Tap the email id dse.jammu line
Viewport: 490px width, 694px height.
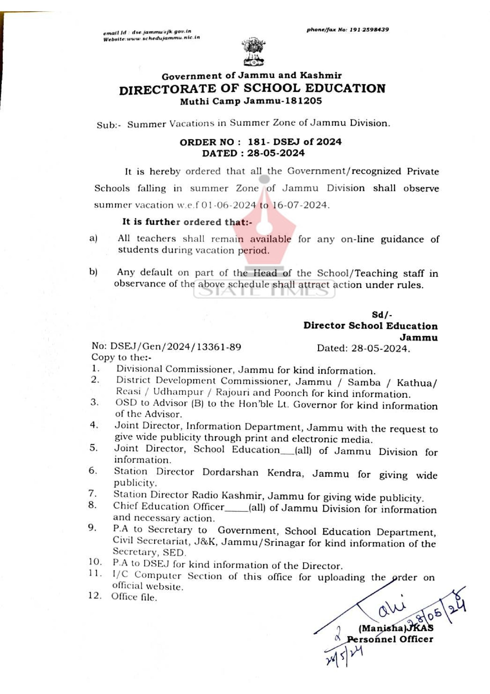[x=147, y=31]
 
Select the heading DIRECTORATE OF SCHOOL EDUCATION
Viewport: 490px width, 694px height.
[x=252, y=89]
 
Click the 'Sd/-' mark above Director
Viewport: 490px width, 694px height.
[x=382, y=315]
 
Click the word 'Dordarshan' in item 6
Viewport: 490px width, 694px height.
[x=230, y=472]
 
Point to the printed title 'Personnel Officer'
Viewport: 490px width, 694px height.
[x=390, y=639]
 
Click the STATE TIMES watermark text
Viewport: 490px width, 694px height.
[x=264, y=291]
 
